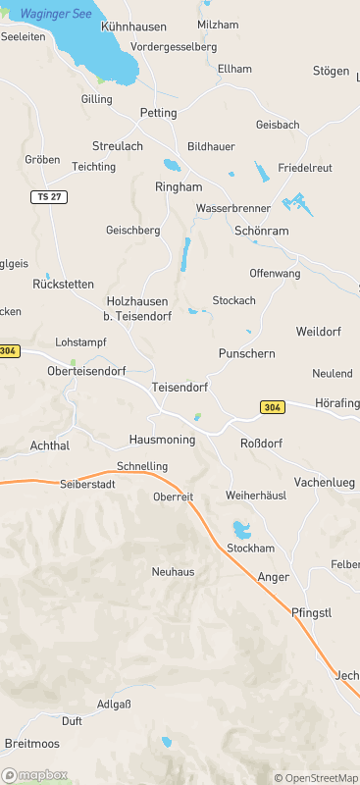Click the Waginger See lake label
pos(56,14)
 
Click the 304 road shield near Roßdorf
pos(273,406)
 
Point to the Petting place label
pos(159,113)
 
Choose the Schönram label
pos(262,231)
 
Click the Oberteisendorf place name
pos(87,371)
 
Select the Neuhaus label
pos(173,571)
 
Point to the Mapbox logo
pos(35,774)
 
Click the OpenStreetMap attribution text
pos(316,778)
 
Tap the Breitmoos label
pos(31,743)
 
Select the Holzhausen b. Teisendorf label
pos(136,308)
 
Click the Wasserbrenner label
pos(233,209)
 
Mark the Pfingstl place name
pos(312,612)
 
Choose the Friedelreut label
pos(308,167)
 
